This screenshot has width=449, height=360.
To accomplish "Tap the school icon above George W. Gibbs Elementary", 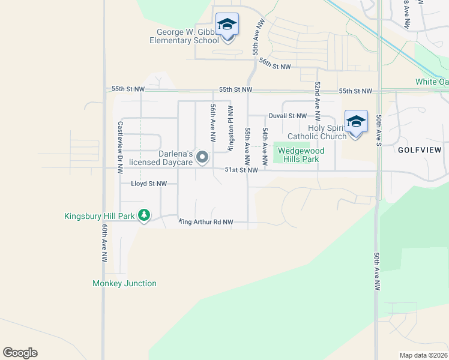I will point(227,24).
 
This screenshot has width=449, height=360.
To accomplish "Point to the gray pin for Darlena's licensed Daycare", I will point(203,158).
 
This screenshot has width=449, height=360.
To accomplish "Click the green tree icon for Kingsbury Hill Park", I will point(144,215).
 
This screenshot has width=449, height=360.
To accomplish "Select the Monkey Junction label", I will point(124,283).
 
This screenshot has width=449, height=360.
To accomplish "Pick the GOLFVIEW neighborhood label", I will point(420,150).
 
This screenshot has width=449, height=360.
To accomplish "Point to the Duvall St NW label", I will point(288,116).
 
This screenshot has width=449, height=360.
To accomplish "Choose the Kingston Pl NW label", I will point(229,128).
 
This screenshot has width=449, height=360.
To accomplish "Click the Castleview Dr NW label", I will point(120,144).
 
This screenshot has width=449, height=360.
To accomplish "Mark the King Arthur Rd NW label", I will point(206,222).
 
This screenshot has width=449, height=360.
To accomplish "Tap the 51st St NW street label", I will point(241,170).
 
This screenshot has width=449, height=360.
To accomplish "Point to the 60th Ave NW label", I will point(104,243).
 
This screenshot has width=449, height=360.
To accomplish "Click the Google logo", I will point(20,353).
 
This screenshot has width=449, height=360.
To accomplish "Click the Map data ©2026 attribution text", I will point(423,355).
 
